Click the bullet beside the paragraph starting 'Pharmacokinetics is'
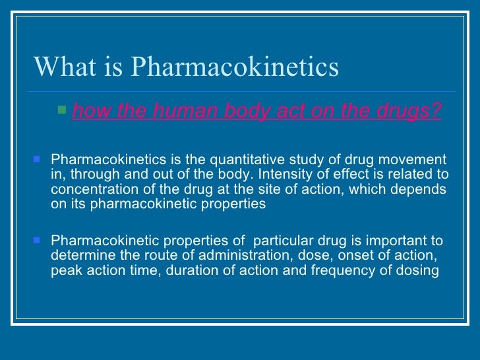coord(37,159)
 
